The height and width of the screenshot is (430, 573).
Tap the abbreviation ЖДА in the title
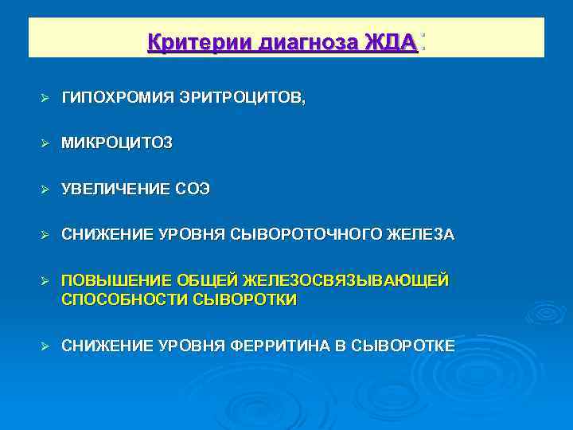(391, 42)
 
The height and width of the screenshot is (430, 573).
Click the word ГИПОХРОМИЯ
(112, 97)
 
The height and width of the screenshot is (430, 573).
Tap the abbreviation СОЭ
(193, 189)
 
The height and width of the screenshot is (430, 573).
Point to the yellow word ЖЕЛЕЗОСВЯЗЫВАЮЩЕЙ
(347, 280)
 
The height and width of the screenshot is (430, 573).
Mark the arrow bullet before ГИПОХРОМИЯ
(45, 98)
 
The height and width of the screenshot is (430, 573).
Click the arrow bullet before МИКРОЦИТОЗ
(45, 143)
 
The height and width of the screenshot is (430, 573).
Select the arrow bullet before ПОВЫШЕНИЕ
(45, 281)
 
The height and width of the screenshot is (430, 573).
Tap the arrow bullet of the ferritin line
(45, 346)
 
